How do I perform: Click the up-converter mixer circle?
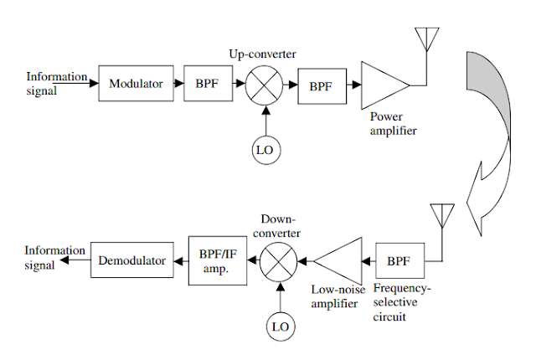[264, 85]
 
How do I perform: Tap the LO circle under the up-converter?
[264, 149]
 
